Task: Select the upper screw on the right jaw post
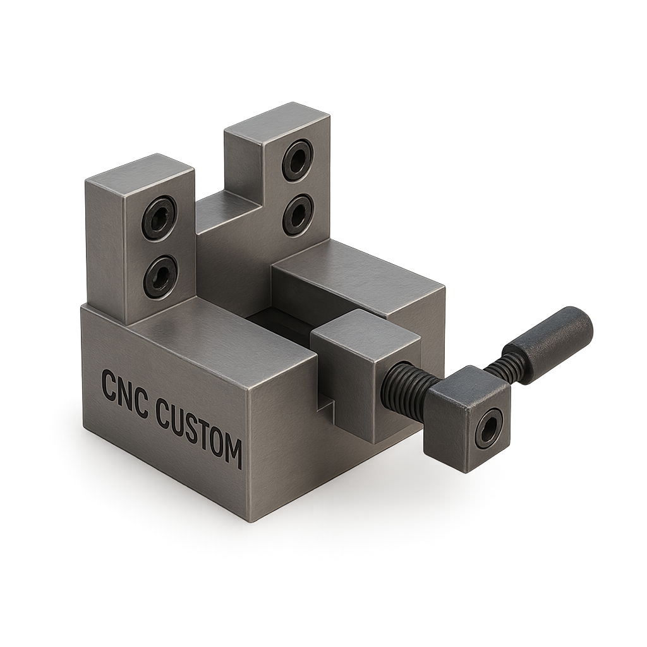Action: [x=297, y=159]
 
